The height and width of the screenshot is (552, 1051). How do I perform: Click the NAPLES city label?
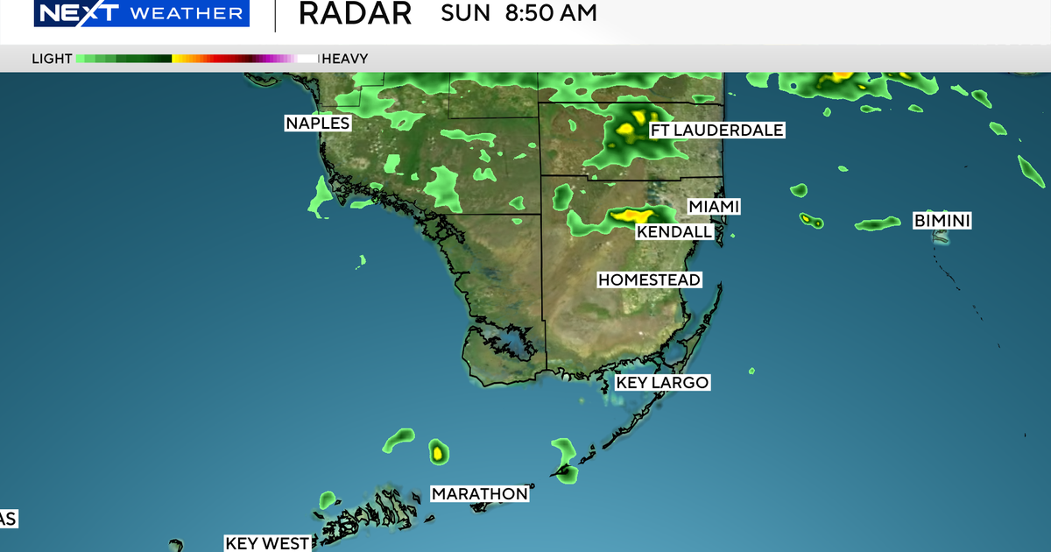point(318,124)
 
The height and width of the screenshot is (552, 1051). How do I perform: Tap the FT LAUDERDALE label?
point(716,131)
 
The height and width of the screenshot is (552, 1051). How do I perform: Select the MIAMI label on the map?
point(714,206)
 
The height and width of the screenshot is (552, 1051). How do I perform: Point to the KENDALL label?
point(674,232)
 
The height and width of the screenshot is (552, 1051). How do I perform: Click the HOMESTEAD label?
point(649,280)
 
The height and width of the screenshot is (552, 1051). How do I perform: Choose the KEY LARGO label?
point(662,383)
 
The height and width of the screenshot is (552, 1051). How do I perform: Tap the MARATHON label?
point(480,494)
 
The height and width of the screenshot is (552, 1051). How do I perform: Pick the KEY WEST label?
point(267,543)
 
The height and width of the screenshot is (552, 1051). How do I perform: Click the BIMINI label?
point(942,221)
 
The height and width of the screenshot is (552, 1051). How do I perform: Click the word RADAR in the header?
point(355,13)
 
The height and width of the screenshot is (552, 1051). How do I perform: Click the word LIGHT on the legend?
point(52,59)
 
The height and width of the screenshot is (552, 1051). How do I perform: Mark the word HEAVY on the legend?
point(345,59)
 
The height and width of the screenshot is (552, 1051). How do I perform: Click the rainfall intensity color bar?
point(197,59)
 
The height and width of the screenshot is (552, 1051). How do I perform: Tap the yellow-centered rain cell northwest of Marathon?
point(438,452)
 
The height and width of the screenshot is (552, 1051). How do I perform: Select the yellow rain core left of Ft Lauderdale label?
point(626,130)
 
